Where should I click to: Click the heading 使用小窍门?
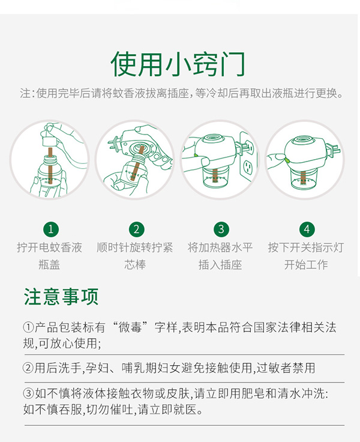(178, 63)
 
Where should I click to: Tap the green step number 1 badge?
(52, 229)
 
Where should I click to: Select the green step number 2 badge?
(136, 229)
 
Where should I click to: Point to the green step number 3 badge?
(221, 229)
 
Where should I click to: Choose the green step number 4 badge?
(307, 229)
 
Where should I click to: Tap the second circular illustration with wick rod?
(135, 159)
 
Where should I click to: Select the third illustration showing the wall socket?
(220, 159)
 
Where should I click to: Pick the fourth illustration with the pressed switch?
(305, 159)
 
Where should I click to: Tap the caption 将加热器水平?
(220, 247)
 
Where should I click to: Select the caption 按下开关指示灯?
(305, 247)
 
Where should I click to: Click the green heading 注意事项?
(61, 297)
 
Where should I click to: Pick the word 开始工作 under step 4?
(305, 264)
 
